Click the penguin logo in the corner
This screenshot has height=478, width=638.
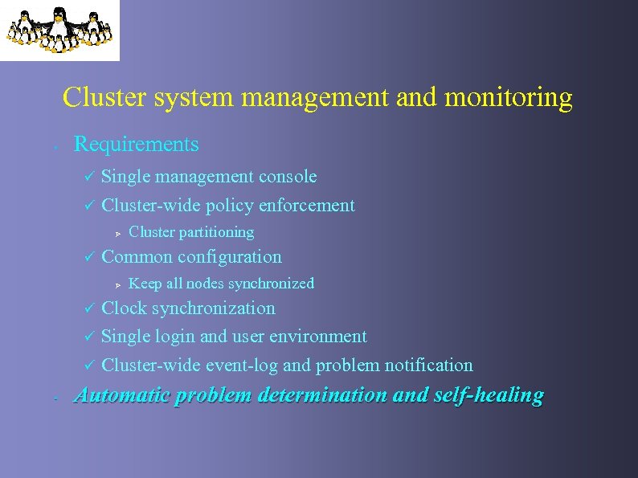(x=59, y=30)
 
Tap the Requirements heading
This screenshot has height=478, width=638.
(x=136, y=145)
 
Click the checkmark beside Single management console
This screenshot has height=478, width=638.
(x=90, y=177)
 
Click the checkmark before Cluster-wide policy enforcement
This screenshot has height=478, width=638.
(x=90, y=206)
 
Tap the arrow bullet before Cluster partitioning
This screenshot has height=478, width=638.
(x=117, y=233)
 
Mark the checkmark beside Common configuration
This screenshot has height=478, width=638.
(x=90, y=258)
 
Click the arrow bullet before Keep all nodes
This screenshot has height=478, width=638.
(x=117, y=284)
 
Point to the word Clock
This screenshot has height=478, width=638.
(x=124, y=308)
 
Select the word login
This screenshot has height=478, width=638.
(x=175, y=337)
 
